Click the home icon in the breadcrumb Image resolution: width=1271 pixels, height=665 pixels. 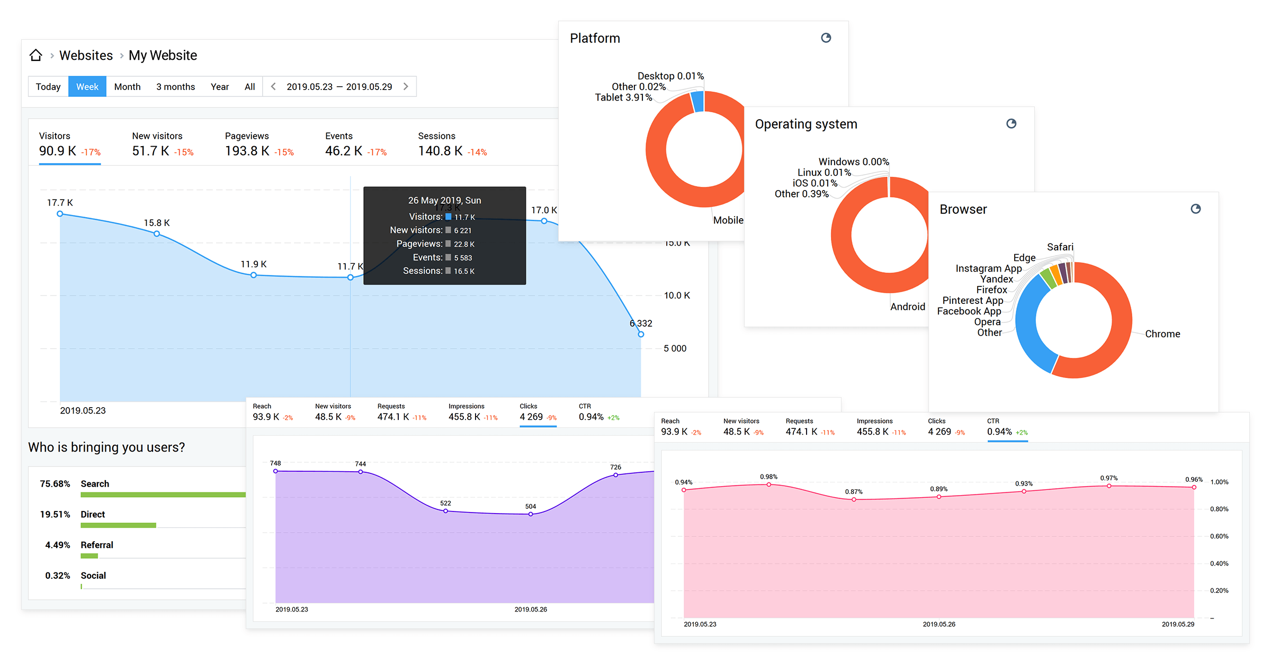pyautogui.click(x=35, y=55)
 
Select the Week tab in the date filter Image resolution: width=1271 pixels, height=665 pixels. pyautogui.click(x=87, y=87)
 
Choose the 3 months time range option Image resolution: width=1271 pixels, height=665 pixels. pyautogui.click(x=175, y=87)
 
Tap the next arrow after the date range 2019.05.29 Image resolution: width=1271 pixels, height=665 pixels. pyautogui.click(x=406, y=86)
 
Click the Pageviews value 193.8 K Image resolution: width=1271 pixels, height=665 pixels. pyautogui.click(x=247, y=151)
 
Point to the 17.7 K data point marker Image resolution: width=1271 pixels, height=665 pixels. pyautogui.click(x=60, y=214)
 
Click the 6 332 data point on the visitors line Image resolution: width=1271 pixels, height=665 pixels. pyautogui.click(x=641, y=334)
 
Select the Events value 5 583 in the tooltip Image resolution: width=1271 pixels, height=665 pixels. pyautogui.click(x=462, y=258)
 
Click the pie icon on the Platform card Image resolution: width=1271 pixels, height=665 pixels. pyautogui.click(x=826, y=38)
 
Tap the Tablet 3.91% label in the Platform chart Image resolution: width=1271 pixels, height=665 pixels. pyautogui.click(x=623, y=97)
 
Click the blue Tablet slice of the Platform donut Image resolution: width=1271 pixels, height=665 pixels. pyautogui.click(x=698, y=102)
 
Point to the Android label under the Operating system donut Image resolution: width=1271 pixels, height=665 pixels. pyautogui.click(x=907, y=307)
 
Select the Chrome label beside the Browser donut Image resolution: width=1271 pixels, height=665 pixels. pyautogui.click(x=1162, y=334)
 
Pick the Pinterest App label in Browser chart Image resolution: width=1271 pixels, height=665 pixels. pyautogui.click(x=972, y=301)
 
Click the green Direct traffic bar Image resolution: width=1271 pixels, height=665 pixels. pyautogui.click(x=118, y=525)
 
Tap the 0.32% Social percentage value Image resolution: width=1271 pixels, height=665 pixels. pyautogui.click(x=57, y=576)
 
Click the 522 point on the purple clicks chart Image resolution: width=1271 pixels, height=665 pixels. pyautogui.click(x=445, y=511)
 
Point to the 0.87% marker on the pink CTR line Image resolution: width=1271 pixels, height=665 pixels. pyautogui.click(x=854, y=499)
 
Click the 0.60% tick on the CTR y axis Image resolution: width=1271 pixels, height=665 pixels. pyautogui.click(x=1219, y=536)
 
